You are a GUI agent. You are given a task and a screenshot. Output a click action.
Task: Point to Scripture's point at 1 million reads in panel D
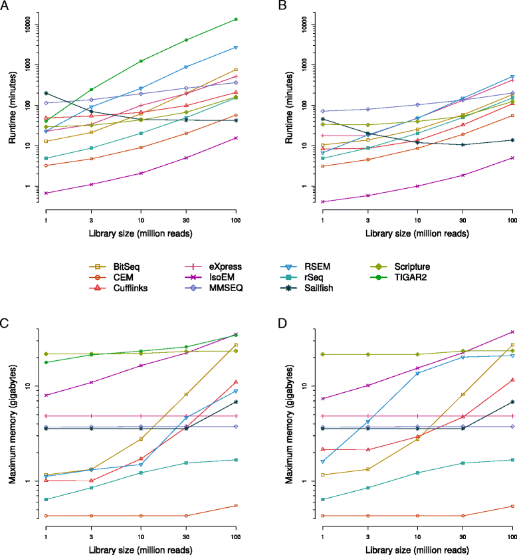click(322, 354)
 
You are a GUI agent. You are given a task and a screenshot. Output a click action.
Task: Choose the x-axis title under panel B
click(417, 235)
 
